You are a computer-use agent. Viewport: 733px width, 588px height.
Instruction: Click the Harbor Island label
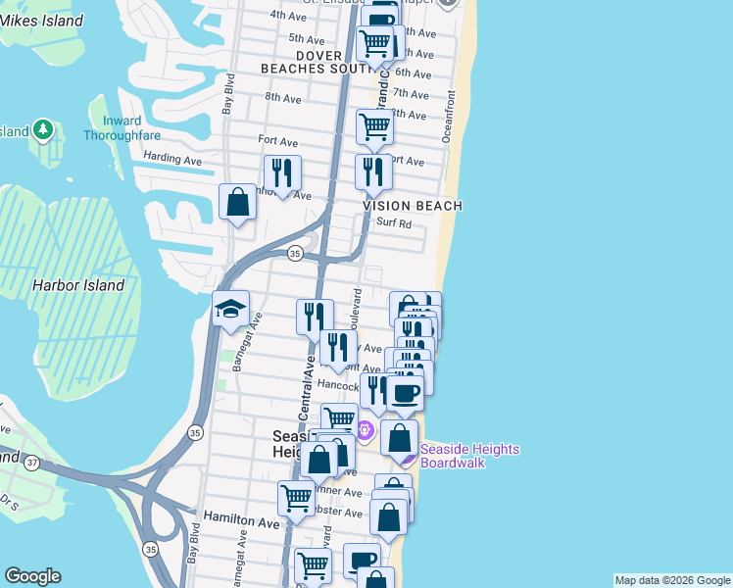78,285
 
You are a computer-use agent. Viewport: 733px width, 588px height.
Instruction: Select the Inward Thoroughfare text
115,127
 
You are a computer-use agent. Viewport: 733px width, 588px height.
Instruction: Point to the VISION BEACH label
412,206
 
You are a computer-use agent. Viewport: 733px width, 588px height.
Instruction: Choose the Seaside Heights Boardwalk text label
469,455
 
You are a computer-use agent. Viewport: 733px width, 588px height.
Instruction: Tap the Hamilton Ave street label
242,523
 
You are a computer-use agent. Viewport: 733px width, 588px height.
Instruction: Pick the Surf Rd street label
391,224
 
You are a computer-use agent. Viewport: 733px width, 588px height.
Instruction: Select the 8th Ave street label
283,98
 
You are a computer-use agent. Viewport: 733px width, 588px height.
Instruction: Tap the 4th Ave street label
288,16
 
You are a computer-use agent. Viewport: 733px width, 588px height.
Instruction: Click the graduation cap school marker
230,309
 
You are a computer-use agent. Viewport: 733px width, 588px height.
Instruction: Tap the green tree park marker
42,129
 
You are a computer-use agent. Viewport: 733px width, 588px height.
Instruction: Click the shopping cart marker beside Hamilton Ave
295,497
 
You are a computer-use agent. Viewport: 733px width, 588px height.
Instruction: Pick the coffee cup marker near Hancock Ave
405,393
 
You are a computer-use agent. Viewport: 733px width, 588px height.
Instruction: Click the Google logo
33,576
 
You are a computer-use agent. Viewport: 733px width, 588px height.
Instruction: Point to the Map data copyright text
672,580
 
